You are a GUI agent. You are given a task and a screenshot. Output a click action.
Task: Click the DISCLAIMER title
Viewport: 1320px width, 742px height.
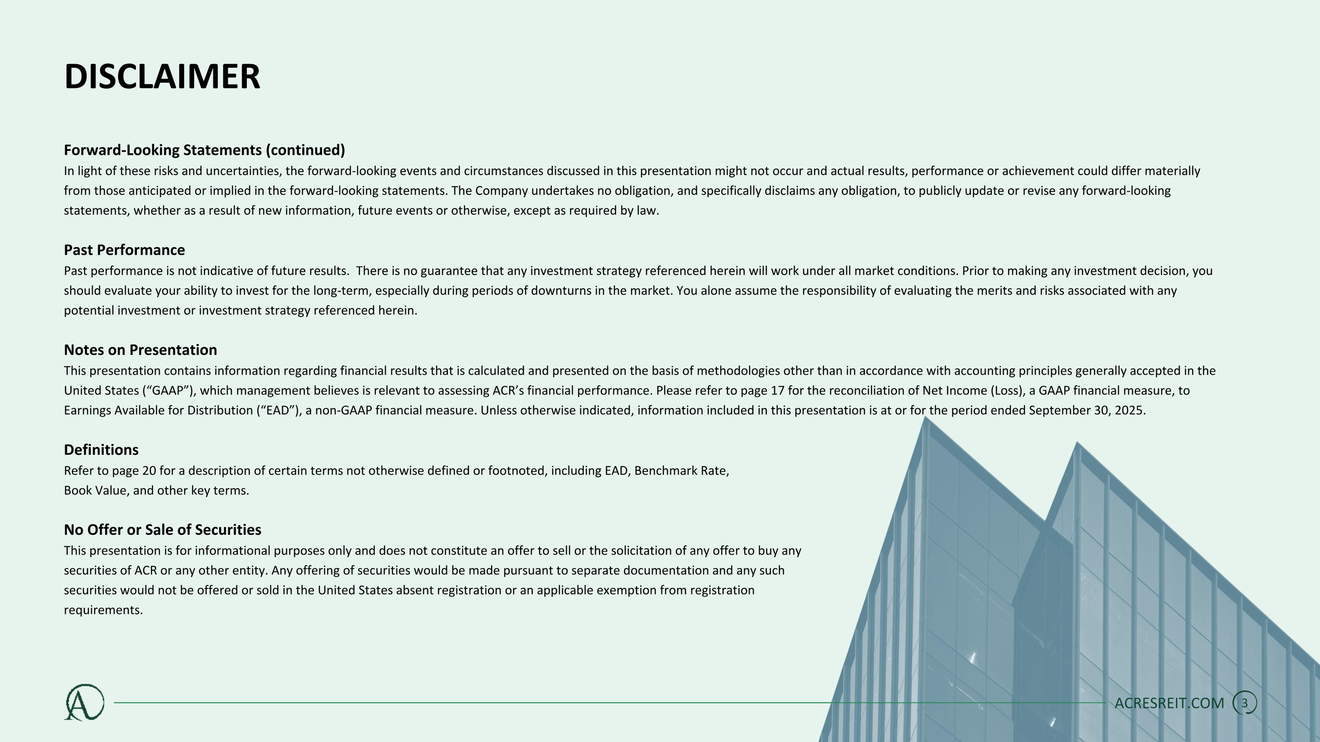point(162,77)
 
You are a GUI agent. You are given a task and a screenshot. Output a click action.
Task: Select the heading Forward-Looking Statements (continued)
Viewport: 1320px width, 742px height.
point(205,150)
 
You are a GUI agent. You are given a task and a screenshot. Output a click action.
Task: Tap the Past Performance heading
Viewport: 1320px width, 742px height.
point(124,250)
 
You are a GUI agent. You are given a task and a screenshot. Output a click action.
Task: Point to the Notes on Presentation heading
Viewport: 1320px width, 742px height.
point(140,350)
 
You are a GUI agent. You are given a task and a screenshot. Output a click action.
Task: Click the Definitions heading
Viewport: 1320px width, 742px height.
point(101,450)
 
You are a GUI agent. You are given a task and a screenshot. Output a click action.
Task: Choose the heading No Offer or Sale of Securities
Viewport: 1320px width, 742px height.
point(162,530)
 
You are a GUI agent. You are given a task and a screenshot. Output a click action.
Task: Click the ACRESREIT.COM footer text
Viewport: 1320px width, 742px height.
point(1169,703)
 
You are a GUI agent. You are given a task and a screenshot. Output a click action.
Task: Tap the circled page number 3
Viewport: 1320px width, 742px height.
point(1244,703)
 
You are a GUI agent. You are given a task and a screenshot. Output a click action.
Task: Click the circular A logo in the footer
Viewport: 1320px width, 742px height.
point(84,702)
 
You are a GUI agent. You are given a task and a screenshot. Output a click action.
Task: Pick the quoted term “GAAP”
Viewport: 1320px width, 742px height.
point(168,391)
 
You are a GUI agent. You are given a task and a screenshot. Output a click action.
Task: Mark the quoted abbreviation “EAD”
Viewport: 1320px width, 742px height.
point(278,411)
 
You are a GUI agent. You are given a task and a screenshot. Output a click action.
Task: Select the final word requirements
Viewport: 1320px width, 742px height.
point(103,610)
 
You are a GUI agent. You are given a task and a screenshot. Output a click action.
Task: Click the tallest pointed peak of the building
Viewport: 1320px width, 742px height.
point(925,418)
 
